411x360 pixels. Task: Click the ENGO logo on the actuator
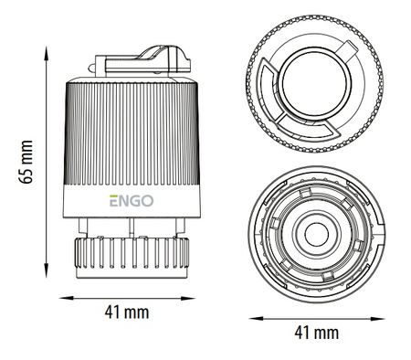click(132, 201)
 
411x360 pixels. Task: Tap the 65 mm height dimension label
click(26, 162)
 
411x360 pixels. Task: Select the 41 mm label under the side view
click(127, 312)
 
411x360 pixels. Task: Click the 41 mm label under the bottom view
click(317, 333)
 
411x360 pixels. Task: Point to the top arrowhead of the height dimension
click(47, 53)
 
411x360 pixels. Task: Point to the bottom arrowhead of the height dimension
click(47, 270)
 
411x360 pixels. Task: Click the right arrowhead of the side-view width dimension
click(188, 298)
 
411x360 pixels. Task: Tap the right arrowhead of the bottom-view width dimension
click(378, 319)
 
